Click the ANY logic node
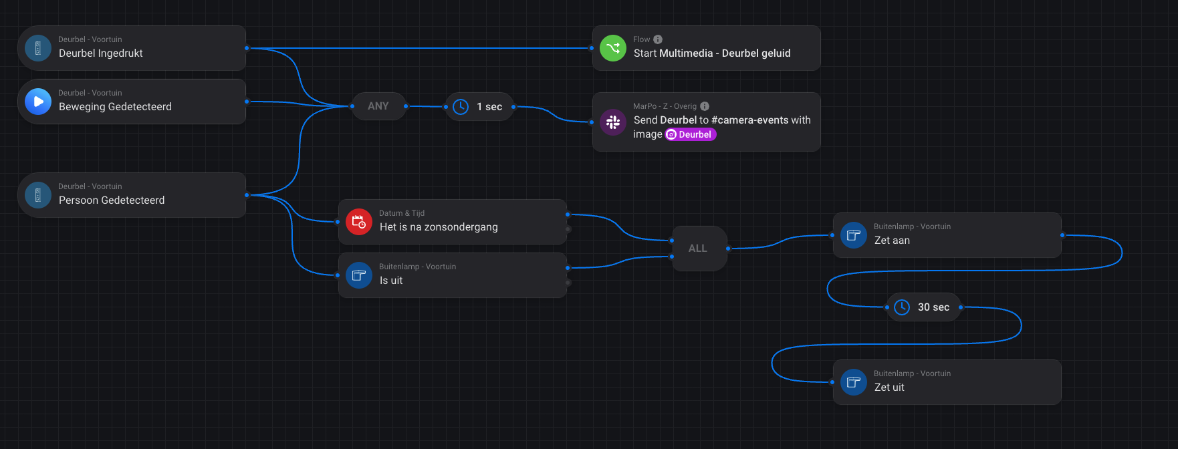tap(378, 106)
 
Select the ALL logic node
tap(698, 249)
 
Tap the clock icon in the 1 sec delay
tap(461, 107)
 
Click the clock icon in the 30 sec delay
tap(902, 307)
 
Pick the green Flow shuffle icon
tap(612, 48)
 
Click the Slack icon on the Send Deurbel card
tap(612, 122)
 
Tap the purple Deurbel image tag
tap(691, 134)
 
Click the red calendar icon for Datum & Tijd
tap(359, 222)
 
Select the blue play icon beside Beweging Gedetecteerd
tap(38, 102)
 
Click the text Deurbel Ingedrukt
tap(101, 53)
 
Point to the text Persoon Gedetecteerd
tap(112, 200)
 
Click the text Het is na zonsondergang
tap(439, 227)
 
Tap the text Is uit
tap(391, 281)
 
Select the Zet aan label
tap(892, 241)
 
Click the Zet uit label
tap(889, 388)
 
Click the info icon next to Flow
tap(658, 39)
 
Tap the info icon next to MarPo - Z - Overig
tap(705, 106)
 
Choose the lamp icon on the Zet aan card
tap(854, 235)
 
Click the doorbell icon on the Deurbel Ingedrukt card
tap(38, 48)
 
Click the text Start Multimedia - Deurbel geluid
tap(712, 53)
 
